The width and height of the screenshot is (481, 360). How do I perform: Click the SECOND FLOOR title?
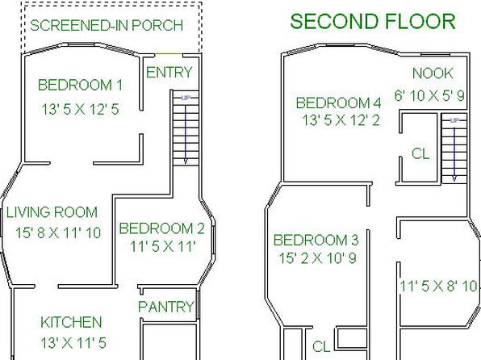[x=373, y=22]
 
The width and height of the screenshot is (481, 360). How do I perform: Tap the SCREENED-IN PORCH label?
[x=107, y=25]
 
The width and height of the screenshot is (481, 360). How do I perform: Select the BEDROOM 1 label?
[x=80, y=85]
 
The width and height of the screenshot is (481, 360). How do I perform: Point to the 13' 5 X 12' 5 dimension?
[x=80, y=109]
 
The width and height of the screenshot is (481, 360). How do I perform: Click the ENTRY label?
[x=169, y=73]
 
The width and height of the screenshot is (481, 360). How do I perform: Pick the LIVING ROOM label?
[x=52, y=212]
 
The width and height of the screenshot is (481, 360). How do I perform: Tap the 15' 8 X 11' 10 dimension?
[x=58, y=232]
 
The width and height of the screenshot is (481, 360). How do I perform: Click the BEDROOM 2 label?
[x=161, y=228]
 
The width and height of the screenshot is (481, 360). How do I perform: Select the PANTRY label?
[x=166, y=307]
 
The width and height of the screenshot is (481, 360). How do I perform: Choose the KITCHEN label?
[x=71, y=322]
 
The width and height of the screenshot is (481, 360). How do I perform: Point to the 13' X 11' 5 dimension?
[x=73, y=343]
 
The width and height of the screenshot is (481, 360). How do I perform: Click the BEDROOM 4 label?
[x=338, y=103]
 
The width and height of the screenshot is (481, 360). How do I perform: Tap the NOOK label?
[x=433, y=73]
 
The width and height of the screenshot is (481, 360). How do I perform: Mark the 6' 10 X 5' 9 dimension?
[x=429, y=96]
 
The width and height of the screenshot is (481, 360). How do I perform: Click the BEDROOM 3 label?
[x=316, y=240]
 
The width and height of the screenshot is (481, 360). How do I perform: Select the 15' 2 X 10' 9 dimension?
[x=317, y=258]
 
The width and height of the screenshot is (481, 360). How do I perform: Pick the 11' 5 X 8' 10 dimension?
[x=439, y=287]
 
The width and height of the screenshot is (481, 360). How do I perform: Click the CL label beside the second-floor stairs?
[x=420, y=153]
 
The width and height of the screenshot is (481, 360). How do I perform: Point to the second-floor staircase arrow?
[x=454, y=153]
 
